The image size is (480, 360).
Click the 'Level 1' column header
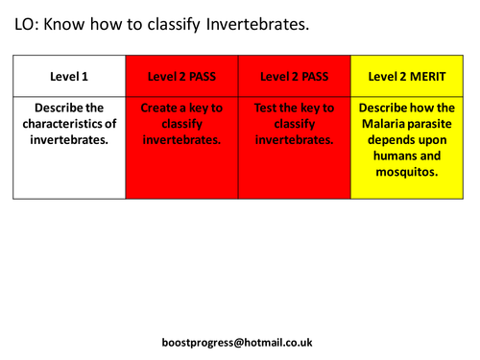(x=69, y=75)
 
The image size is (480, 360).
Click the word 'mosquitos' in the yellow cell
(x=406, y=173)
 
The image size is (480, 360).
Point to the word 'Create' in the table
(x=161, y=108)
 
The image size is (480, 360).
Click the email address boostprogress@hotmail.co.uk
(x=238, y=342)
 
